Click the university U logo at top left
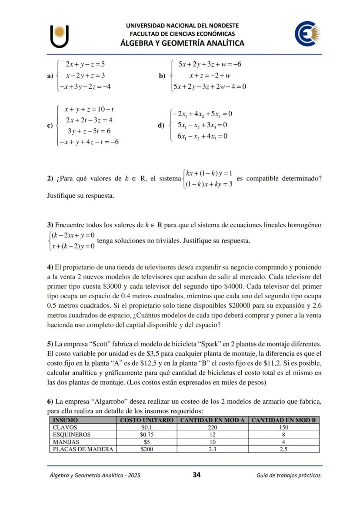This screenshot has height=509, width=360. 60,37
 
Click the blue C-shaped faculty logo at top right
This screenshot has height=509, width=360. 307,34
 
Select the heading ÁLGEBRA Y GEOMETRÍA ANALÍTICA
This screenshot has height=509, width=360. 182,43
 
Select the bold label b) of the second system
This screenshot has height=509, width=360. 162,76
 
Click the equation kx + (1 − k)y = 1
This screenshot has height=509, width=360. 209,174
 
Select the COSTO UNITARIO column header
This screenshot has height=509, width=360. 147,420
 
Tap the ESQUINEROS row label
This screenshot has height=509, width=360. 72,435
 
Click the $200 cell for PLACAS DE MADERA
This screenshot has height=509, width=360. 147,449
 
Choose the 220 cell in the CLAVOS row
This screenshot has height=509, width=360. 212,428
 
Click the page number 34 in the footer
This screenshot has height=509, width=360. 196,475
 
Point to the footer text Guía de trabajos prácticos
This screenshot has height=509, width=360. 288,475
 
